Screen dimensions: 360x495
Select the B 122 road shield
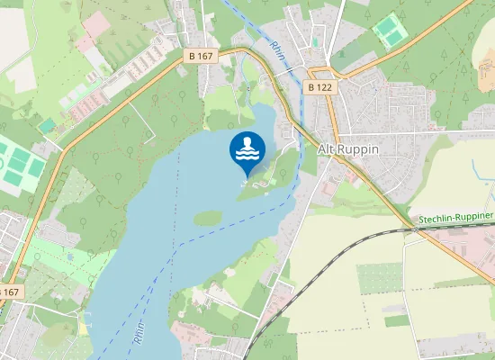point(319,87)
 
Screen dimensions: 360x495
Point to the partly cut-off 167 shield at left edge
point(8,292)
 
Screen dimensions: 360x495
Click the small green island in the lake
point(208,218)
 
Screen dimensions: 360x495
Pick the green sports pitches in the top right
point(390,31)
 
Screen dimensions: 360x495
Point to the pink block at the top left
point(96,24)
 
